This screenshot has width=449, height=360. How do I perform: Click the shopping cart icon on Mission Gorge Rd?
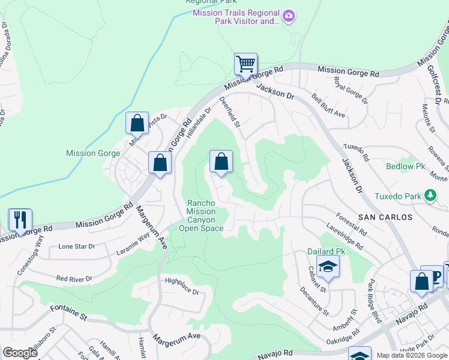click(245, 64)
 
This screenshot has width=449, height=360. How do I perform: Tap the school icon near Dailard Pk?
click(328, 267)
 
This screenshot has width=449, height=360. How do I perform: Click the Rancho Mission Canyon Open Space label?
click(201, 215)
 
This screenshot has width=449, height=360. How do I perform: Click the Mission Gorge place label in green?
click(89, 153)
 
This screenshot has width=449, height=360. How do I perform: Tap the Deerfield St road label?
click(230, 113)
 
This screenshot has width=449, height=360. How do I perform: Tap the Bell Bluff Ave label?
click(328, 106)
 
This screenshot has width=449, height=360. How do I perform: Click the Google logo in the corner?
click(19, 352)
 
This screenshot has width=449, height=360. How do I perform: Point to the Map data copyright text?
click(412, 355)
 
